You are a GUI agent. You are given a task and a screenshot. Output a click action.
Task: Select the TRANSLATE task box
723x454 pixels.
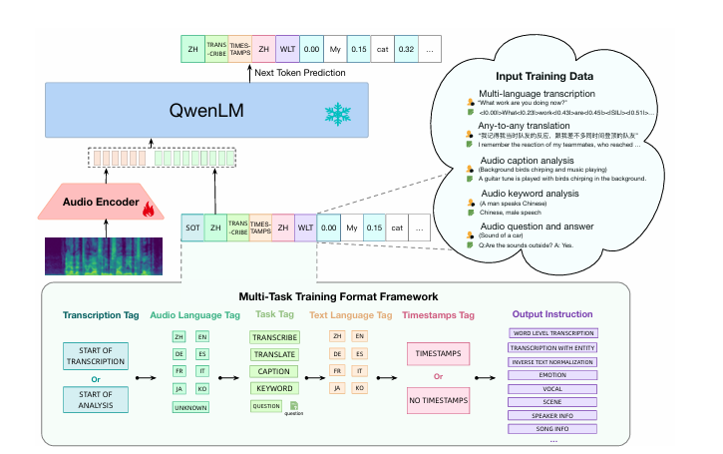click(272, 354)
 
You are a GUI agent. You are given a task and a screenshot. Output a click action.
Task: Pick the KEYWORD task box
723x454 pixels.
click(272, 387)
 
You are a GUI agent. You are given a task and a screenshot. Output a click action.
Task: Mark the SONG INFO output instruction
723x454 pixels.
click(551, 428)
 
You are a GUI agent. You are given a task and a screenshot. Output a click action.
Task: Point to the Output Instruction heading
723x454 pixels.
click(551, 313)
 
